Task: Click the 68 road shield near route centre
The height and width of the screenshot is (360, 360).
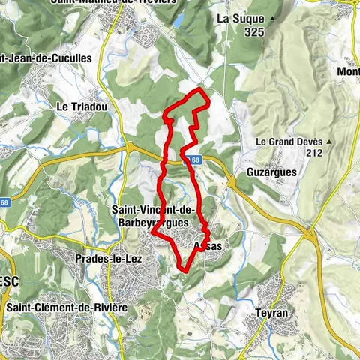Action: (x=195, y=160)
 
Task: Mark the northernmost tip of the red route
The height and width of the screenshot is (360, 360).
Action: (x=199, y=89)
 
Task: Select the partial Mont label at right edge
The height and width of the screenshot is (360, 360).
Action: (x=348, y=71)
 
